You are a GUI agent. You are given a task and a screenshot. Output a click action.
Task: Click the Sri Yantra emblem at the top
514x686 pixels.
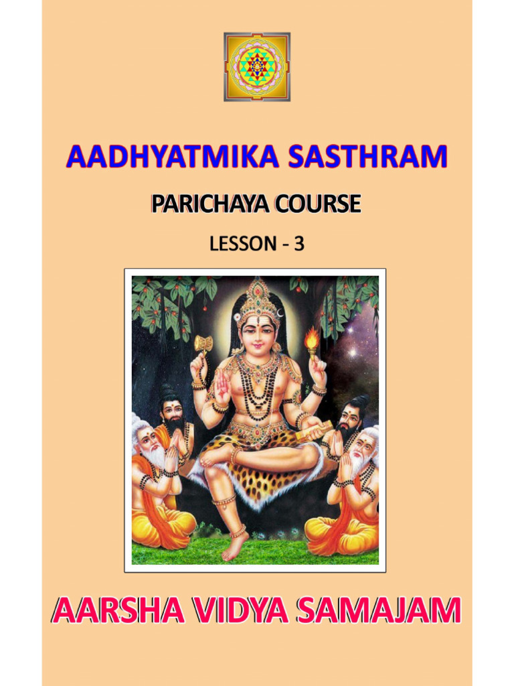[x=257, y=66]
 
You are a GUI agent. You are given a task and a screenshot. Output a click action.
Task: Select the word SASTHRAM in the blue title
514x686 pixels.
[x=367, y=157]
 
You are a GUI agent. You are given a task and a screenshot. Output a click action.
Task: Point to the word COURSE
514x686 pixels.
[x=316, y=204]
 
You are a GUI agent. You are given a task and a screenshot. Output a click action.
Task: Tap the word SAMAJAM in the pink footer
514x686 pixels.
[x=381, y=611]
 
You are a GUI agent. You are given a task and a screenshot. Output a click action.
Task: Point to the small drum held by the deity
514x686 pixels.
[x=203, y=344]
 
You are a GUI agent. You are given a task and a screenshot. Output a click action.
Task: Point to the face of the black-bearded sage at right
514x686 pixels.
[x=350, y=417]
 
